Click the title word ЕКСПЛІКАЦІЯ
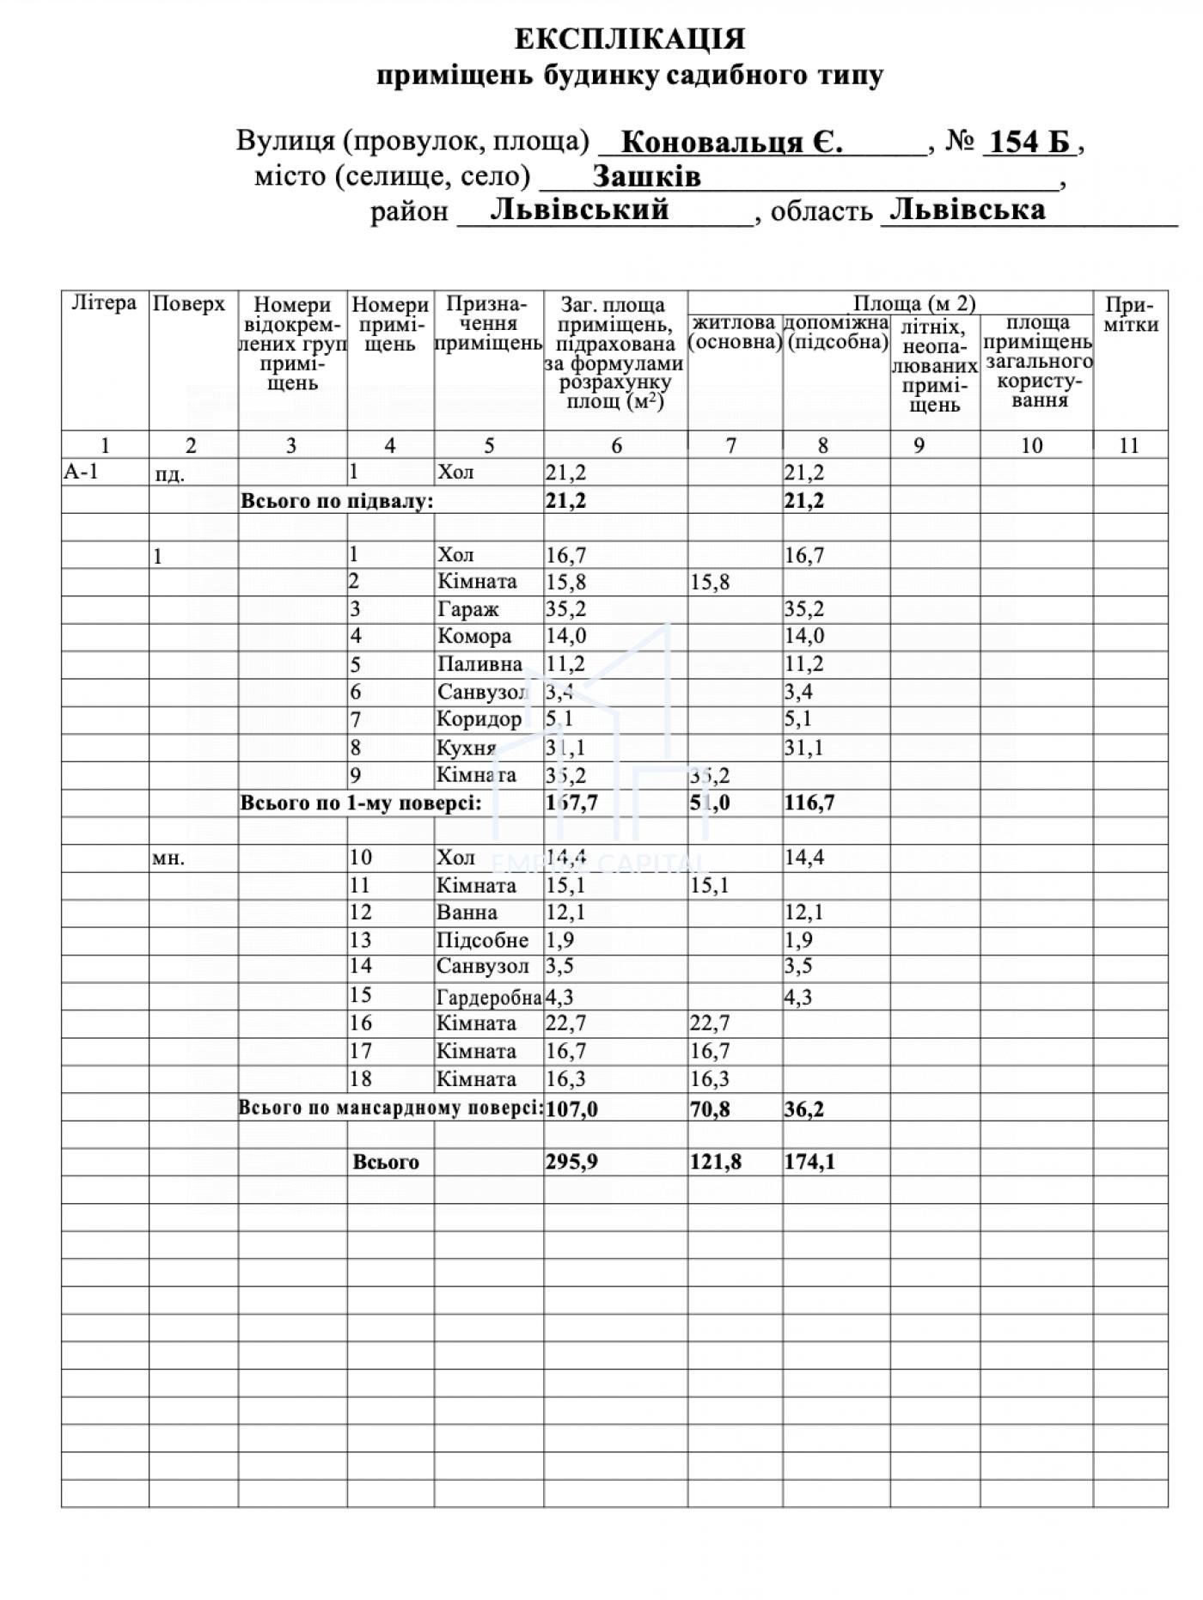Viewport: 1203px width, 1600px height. point(630,39)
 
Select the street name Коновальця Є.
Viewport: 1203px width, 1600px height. point(730,141)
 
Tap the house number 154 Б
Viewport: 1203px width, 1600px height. point(1029,141)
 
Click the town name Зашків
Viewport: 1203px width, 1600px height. point(646,176)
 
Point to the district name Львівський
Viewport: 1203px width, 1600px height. point(579,210)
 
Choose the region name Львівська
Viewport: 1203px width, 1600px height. point(968,210)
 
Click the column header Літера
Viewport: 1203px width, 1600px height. point(104,303)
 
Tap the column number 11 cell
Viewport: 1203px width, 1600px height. point(1129,445)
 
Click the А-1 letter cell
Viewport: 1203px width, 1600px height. point(82,471)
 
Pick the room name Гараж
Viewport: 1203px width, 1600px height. point(467,609)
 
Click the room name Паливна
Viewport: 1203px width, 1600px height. point(479,664)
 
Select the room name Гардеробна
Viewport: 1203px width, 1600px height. point(488,997)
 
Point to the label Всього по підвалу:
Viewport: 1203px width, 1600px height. point(337,501)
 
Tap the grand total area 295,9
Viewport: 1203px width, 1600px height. point(571,1162)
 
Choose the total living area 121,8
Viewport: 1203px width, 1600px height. point(715,1162)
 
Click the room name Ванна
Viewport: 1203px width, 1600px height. point(467,913)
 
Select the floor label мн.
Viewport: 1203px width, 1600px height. point(168,858)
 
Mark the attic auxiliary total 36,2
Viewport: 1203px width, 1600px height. point(804,1108)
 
